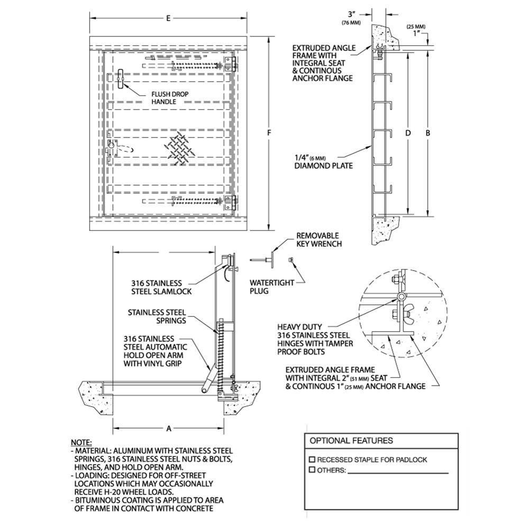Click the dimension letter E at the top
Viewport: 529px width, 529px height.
click(x=168, y=19)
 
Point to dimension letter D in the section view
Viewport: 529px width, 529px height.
click(x=408, y=133)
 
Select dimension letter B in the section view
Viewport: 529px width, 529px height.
click(x=428, y=133)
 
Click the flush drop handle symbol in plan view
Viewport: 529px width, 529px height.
click(x=121, y=79)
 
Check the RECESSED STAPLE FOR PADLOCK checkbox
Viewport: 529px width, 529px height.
click(x=312, y=459)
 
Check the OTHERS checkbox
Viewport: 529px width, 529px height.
click(x=312, y=470)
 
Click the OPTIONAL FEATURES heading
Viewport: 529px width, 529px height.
click(x=351, y=440)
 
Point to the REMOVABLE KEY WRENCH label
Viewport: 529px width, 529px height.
click(x=318, y=240)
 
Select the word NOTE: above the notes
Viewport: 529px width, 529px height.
click(x=81, y=442)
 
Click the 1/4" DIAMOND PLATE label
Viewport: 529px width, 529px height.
click(x=323, y=161)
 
